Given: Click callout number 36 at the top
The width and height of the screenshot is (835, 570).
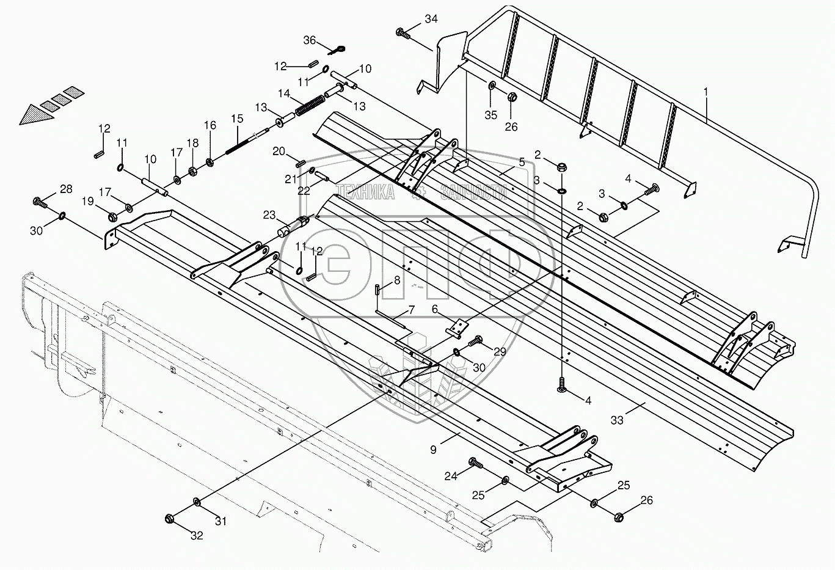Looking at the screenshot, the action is pyautogui.click(x=310, y=40).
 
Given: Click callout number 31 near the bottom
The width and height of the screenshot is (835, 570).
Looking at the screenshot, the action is pyautogui.click(x=220, y=521).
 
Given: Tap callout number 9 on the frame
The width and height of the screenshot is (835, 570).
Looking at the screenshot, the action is pyautogui.click(x=433, y=450).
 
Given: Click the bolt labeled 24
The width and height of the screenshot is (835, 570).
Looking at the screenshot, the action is pyautogui.click(x=474, y=462).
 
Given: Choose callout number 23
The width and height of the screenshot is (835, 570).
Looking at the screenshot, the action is pyautogui.click(x=269, y=215).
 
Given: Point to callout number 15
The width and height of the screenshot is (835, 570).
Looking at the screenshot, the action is pyautogui.click(x=236, y=118).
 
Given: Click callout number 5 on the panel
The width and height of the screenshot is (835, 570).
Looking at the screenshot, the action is pyautogui.click(x=522, y=162).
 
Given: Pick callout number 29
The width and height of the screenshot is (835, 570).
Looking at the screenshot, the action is pyautogui.click(x=500, y=351).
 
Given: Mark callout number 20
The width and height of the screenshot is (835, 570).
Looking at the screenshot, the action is pyautogui.click(x=279, y=151).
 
